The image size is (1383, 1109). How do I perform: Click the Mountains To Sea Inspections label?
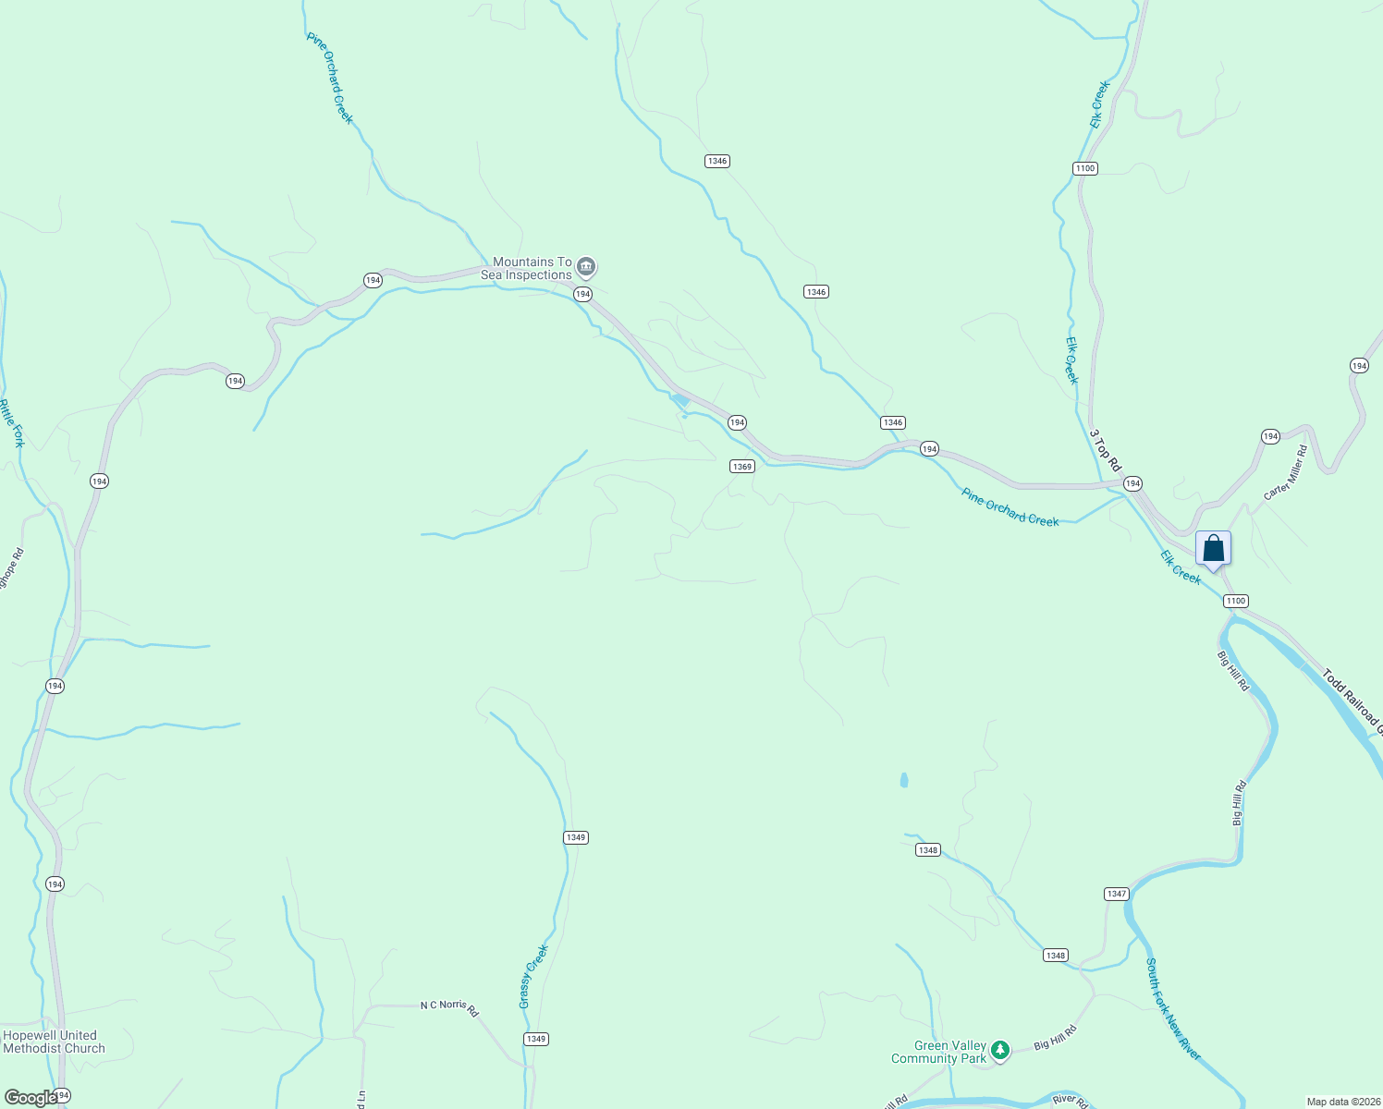tap(526, 268)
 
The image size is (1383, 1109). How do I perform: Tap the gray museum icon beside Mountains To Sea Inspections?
tap(586, 268)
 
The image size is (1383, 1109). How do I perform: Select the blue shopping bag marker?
tap(1213, 548)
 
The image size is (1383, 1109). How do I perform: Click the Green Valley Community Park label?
tap(938, 1052)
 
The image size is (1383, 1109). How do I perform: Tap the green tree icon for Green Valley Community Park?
tap(999, 1050)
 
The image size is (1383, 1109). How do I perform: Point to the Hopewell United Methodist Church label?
tap(54, 1042)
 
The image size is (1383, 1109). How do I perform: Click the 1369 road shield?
tap(742, 467)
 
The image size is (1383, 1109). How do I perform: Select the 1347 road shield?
tap(1116, 894)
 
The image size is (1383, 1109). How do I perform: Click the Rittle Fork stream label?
tap(12, 423)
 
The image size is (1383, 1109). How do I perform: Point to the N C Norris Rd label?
tap(449, 1006)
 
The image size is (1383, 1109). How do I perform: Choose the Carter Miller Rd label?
tap(1286, 472)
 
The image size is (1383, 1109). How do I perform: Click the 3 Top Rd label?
tap(1104, 449)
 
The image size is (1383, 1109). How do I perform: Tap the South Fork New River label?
tap(1173, 1009)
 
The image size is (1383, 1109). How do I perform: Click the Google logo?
tap(31, 1098)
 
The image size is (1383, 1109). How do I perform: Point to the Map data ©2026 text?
tap(1342, 1102)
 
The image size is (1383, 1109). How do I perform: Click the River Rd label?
tap(1070, 1101)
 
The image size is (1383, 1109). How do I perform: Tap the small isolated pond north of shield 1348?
tap(903, 780)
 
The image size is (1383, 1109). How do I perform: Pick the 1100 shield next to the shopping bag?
tap(1236, 601)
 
